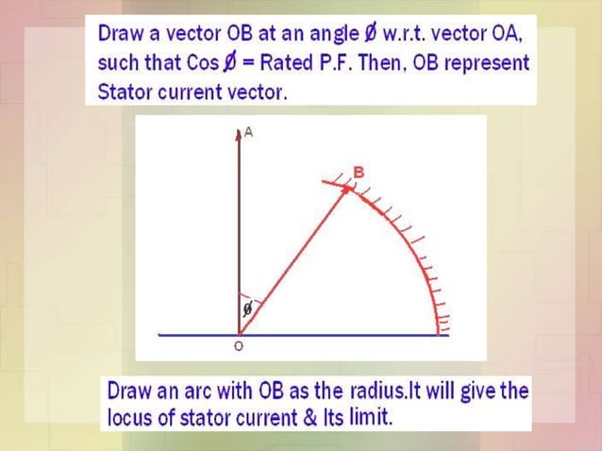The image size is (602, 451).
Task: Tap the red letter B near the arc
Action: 358,172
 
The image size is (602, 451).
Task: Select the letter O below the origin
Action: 238,347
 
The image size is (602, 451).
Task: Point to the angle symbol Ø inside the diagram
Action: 247,309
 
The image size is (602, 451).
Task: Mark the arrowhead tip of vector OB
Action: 349,188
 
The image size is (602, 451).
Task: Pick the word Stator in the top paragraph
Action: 123,92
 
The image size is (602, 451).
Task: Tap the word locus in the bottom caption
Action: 129,416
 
